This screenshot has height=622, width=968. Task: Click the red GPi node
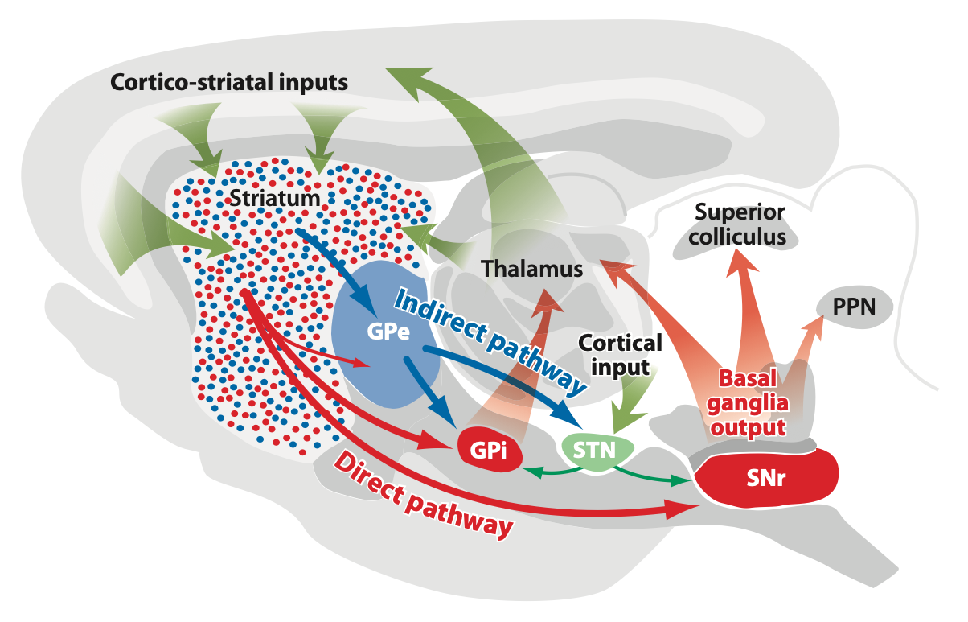pos(489,450)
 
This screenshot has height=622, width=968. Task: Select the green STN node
pos(597,451)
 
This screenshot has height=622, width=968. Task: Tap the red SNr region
pos(765,478)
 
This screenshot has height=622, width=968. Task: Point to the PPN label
pos(854,307)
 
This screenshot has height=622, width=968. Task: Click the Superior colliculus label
pos(738,224)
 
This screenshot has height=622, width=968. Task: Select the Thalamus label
pos(532,269)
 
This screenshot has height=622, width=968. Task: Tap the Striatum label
pos(275,199)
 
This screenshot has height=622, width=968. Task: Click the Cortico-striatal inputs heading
pos(229,82)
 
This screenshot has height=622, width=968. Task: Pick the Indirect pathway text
pos(490,341)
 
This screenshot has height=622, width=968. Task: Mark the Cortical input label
pos(620,355)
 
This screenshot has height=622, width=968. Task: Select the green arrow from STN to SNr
pos(652,476)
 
